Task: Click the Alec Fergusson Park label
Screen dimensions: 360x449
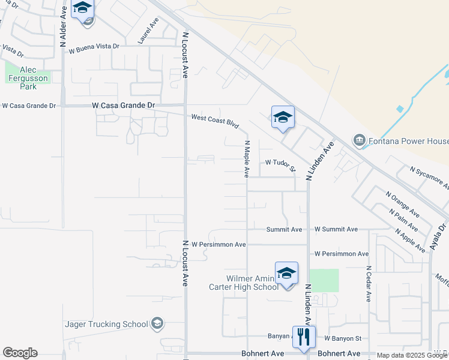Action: [28, 78]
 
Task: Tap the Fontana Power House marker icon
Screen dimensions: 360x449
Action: [359, 140]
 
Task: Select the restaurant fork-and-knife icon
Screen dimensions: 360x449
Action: [304, 338]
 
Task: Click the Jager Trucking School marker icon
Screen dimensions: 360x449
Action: [157, 324]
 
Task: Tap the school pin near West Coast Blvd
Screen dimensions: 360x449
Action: [283, 118]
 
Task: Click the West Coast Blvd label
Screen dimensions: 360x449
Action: [215, 121]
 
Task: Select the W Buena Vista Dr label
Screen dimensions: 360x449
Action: [94, 48]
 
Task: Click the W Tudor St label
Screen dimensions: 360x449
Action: [281, 163]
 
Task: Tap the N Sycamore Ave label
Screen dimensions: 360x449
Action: [429, 179]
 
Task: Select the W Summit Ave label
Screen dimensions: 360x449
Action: [336, 229]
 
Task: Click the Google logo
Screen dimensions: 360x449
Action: [20, 353]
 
